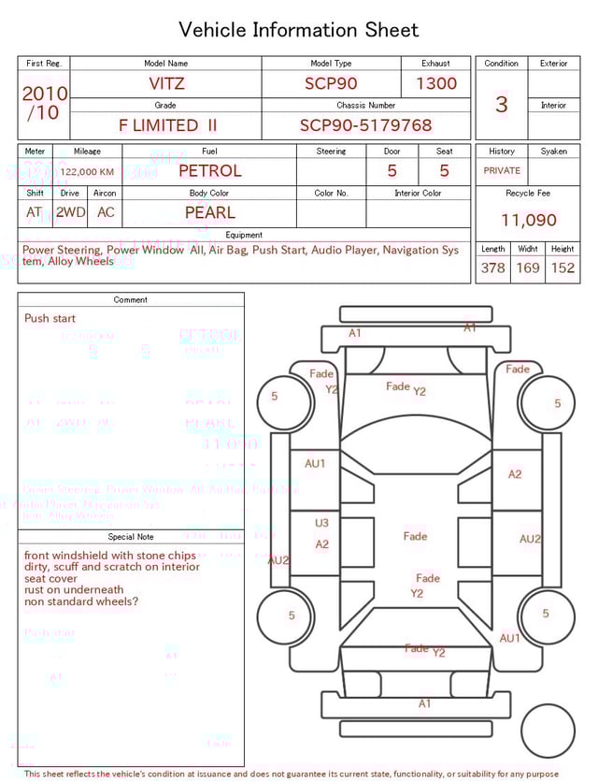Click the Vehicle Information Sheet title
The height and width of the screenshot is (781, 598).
[299, 30]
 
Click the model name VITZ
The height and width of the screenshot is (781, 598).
[166, 83]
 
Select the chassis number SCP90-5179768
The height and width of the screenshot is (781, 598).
[365, 125]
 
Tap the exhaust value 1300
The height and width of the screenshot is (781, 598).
[436, 83]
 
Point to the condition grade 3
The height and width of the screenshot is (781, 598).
[502, 104]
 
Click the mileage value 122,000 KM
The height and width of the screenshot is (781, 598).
[87, 172]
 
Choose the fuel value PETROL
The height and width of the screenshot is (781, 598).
[209, 171]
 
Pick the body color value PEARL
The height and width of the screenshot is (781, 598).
[209, 212]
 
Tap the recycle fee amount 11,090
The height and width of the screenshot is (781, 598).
[528, 221]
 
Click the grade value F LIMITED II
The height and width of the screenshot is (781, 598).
[167, 125]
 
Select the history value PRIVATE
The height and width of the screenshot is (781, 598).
[502, 171]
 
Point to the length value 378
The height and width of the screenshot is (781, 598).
[492, 268]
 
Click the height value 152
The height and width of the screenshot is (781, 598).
[562, 268]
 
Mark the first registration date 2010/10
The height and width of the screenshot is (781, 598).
[44, 103]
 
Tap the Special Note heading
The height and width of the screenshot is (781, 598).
[131, 537]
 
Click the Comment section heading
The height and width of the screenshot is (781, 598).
[131, 300]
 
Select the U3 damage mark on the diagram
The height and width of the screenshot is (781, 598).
[321, 524]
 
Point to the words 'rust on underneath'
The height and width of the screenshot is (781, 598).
[74, 590]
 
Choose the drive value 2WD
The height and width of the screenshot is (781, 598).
[70, 212]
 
